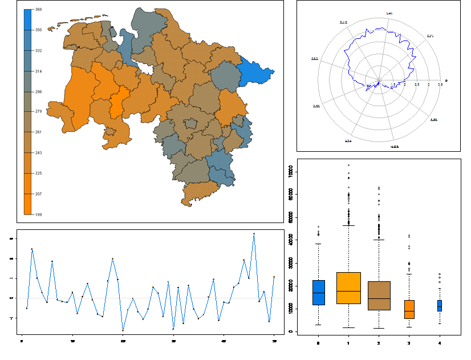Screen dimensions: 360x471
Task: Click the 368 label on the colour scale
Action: (x=38, y=10)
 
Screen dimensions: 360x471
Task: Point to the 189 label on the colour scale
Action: (x=38, y=215)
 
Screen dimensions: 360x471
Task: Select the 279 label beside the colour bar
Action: (x=38, y=112)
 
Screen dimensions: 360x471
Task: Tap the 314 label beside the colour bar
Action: (x=38, y=71)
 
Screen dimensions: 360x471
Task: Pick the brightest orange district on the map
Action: (x=118, y=103)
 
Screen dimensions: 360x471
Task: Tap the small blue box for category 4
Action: (x=439, y=305)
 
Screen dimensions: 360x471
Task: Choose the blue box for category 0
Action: (x=318, y=292)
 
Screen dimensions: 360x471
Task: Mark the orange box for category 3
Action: (x=409, y=309)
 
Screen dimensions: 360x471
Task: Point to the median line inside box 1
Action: (x=348, y=291)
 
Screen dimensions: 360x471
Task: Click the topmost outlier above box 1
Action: (x=348, y=165)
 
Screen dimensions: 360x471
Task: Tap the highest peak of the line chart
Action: (x=254, y=234)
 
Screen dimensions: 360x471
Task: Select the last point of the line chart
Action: (x=274, y=277)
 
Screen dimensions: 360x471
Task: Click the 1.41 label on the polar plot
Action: (x=389, y=13)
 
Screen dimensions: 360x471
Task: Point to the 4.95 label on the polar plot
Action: (x=394, y=147)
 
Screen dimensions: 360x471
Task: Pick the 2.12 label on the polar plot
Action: (x=343, y=22)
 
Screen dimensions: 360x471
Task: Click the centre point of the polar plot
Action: (x=379, y=80)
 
